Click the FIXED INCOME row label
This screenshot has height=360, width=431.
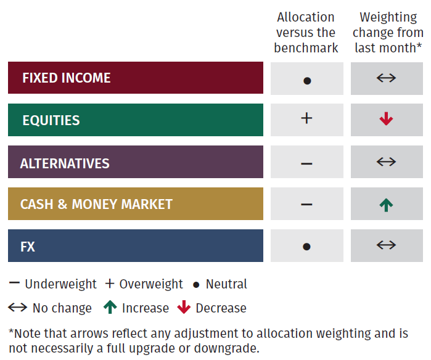[67, 78]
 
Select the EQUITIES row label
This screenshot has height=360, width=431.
[51, 120]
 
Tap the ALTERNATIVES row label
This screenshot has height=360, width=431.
[65, 163]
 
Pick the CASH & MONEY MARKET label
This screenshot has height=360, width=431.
[96, 204]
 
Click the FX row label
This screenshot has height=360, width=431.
[28, 247]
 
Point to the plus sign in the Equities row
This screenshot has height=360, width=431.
[306, 118]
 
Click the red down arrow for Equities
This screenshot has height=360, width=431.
[386, 119]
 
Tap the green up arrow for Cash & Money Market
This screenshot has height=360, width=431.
[386, 205]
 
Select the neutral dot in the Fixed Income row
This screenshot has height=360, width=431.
[307, 81]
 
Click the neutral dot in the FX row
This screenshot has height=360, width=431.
[307, 247]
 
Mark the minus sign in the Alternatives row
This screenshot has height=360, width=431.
[306, 164]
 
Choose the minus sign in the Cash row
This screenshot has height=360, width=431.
[306, 204]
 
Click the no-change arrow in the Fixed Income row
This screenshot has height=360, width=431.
[386, 78]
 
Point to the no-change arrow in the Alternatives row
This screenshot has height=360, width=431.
[386, 162]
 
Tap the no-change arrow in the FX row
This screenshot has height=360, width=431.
[386, 245]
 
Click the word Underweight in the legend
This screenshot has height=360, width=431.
[60, 284]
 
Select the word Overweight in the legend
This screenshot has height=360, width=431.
[151, 284]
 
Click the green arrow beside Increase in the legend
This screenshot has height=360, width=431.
[110, 307]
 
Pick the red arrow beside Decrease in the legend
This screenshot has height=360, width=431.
[184, 307]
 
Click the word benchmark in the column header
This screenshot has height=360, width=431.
[306, 48]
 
